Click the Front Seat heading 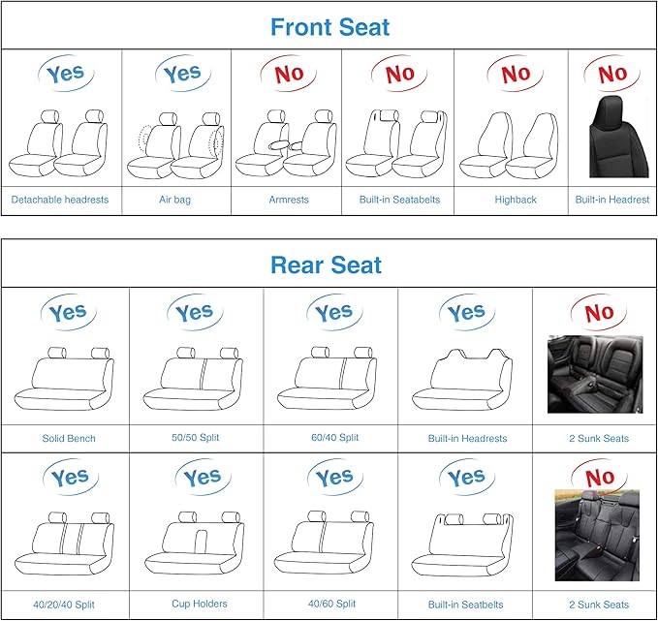click(329, 26)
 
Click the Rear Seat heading click(326, 264)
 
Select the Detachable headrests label click(60, 200)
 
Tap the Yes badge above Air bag click(182, 74)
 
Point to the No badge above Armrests click(289, 74)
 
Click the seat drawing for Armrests click(286, 143)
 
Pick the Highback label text click(515, 200)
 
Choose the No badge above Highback click(516, 74)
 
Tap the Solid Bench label click(69, 438)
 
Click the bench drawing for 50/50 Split click(196, 379)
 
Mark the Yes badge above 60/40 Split click(334, 312)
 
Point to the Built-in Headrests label click(467, 438)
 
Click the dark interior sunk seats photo click(595, 374)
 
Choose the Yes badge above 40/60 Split click(334, 478)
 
